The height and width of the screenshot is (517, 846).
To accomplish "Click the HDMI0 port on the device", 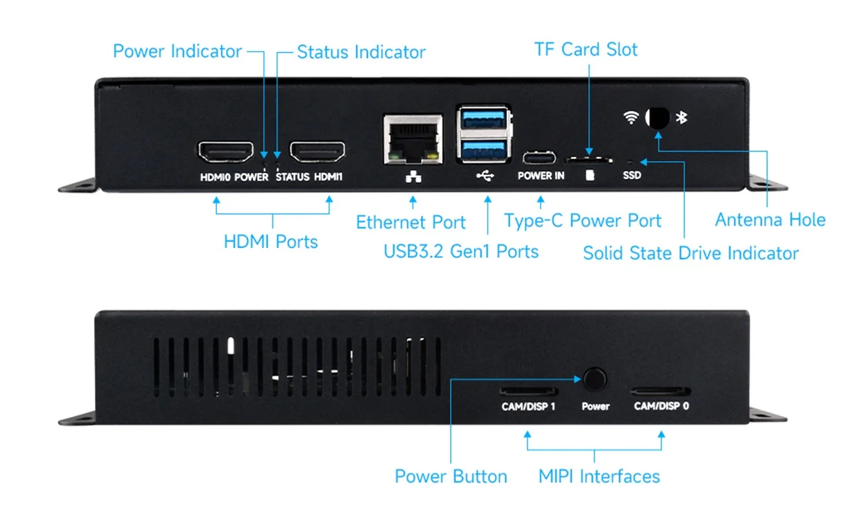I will coord(225,152).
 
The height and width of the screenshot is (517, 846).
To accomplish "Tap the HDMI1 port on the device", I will coord(316,152).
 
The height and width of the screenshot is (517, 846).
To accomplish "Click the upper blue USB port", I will coord(484,121).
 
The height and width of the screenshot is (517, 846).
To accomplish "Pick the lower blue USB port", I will coord(484,149).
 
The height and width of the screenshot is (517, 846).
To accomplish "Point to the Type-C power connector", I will coord(539,158).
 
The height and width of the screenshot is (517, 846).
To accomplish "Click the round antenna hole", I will coord(657,118).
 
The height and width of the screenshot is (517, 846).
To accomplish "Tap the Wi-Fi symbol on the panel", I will coord(631,118).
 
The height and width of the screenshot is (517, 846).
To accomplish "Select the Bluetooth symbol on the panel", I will coord(681,117).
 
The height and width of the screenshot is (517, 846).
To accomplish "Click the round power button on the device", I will coord(595,379).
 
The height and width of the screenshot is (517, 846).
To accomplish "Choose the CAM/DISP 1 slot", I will coord(528,392).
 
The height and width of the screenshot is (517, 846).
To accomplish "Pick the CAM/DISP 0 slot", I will coord(661,392).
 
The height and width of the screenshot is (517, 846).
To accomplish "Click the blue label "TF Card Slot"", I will coord(586,50).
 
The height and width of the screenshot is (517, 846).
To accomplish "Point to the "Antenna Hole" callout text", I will coord(770,220).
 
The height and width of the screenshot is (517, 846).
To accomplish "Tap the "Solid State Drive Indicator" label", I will coord(690,253).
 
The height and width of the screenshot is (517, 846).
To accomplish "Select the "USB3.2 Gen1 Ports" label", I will coord(461,251).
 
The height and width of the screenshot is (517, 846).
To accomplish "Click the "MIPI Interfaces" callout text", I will coord(599,477).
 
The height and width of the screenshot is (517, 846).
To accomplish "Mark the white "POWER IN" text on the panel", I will coord(541,176).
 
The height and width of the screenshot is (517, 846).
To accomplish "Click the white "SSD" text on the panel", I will coord(632,175).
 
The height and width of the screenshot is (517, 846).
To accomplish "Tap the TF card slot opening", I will coord(589,158).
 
